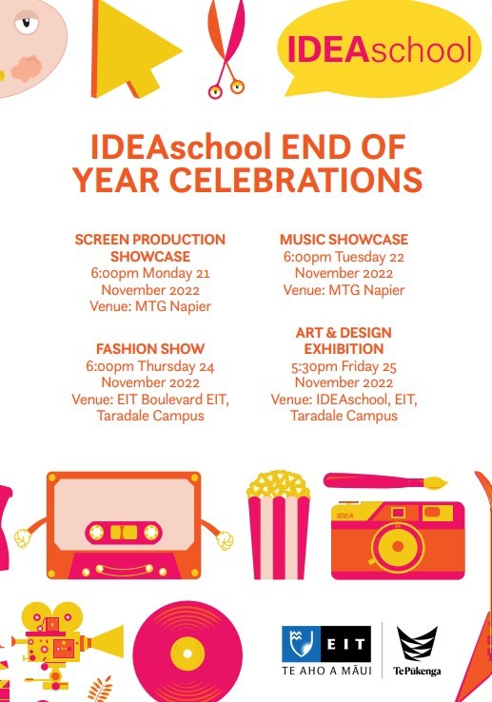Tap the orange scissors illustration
tap(226, 48)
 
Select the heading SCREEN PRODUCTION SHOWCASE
tap(149, 247)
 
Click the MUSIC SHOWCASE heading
tap(344, 240)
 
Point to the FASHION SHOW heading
tap(150, 349)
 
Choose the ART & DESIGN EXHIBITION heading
tap(343, 341)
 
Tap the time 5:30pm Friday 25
tap(343, 365)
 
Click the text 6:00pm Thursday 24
tap(150, 365)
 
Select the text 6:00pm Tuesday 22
tap(344, 256)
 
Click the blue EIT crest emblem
tap(300, 644)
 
